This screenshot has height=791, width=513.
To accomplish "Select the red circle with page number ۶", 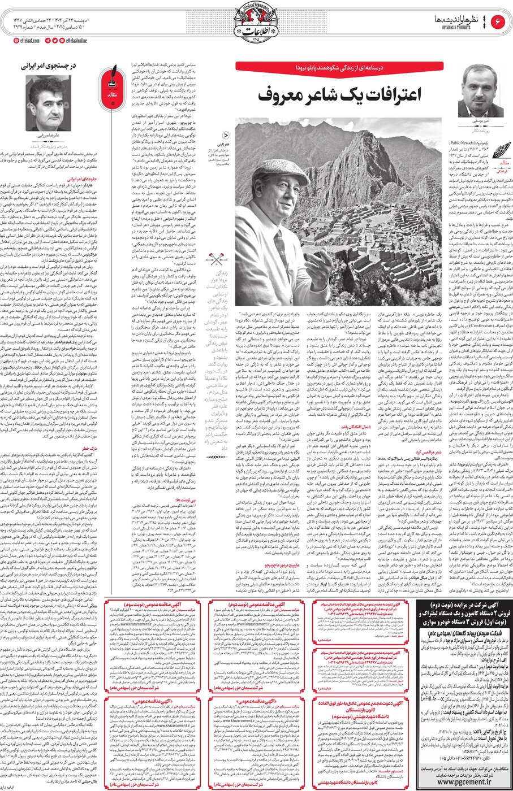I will tap(499, 23).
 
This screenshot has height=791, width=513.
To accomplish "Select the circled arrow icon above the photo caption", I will tap(226, 136).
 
